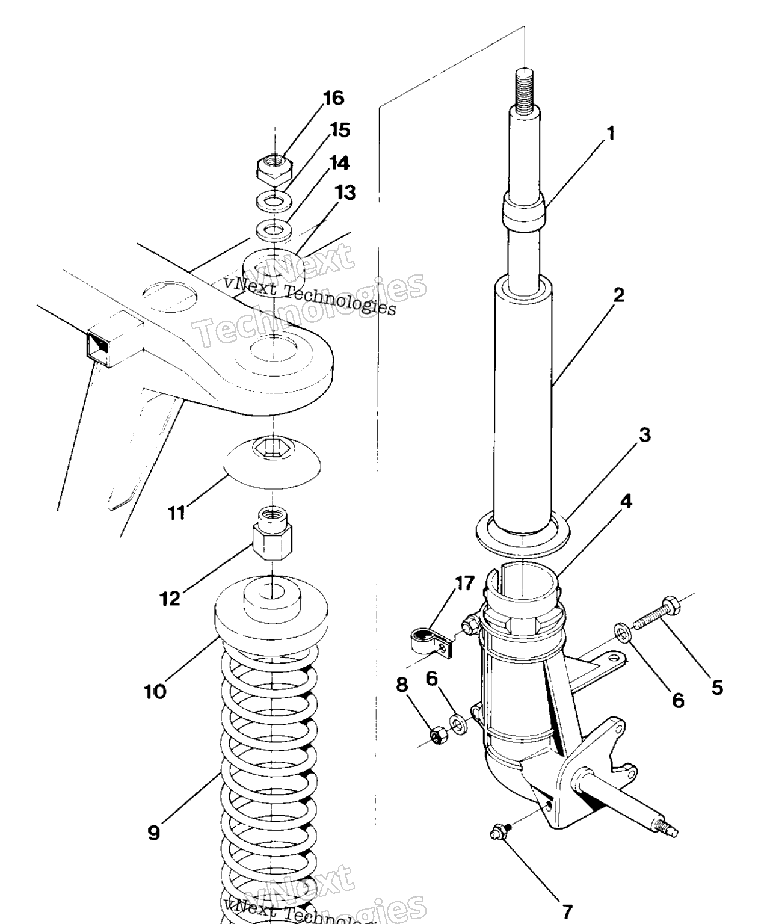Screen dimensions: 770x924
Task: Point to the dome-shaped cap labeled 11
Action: (273, 463)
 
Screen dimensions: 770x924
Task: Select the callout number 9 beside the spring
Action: (153, 833)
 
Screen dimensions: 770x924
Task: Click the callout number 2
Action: (618, 295)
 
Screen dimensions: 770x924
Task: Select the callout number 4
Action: (626, 501)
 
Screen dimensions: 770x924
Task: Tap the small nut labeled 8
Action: (439, 736)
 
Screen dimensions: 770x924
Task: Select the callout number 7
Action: (567, 911)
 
